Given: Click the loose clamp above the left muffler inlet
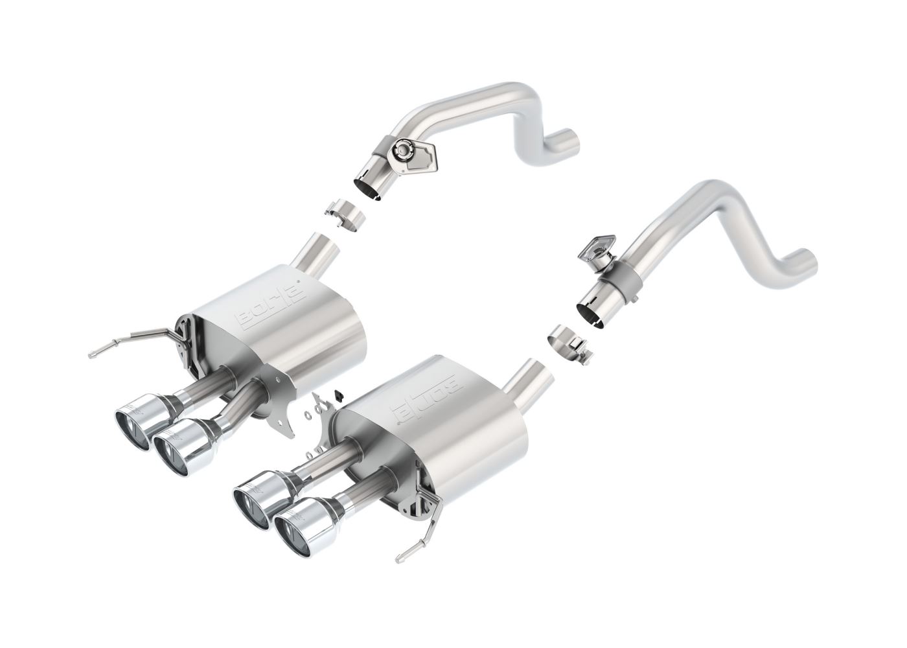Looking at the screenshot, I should (345, 213).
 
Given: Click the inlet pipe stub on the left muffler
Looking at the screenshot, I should (319, 249).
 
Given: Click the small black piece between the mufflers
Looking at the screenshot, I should (338, 393).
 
